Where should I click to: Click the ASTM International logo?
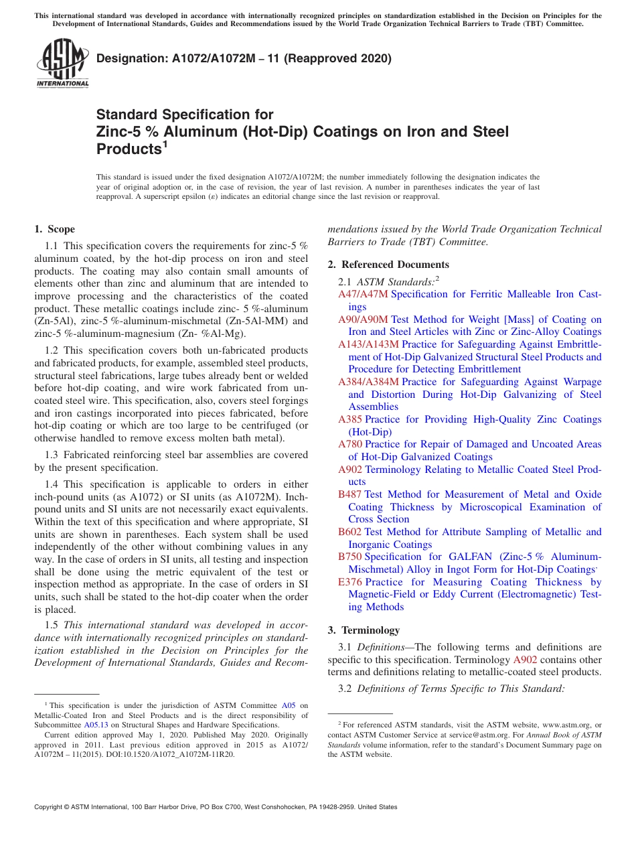(62, 64)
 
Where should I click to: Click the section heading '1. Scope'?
(54, 229)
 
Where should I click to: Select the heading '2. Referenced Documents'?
(388, 265)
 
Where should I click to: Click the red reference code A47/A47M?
(363, 294)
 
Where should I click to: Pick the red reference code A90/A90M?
(363, 319)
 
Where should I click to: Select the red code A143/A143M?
(368, 344)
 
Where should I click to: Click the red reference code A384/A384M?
(368, 382)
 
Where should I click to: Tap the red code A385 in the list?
(349, 419)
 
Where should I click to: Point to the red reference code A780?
(349, 444)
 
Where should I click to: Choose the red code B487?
(349, 494)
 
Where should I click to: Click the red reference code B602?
(349, 532)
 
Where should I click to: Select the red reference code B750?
(349, 557)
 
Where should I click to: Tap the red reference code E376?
(349, 582)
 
